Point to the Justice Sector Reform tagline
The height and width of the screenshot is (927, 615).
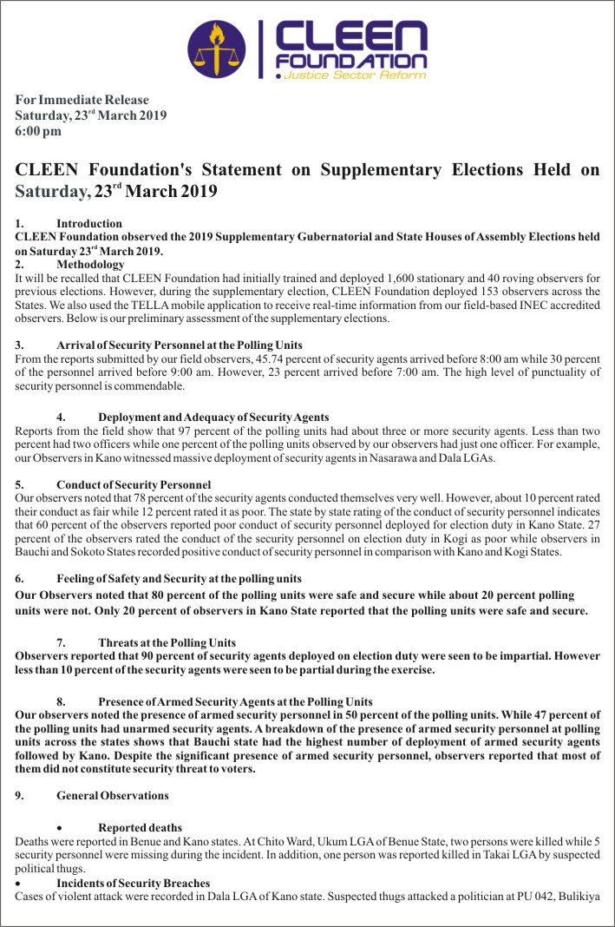pos(356,76)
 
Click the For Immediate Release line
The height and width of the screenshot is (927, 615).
pos(82,100)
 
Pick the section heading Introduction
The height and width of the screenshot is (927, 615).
pos(89,224)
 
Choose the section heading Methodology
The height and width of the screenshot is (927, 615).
pos(90,264)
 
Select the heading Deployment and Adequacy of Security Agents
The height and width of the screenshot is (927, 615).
pos(213,417)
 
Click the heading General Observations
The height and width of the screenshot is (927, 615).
pos(113,795)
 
